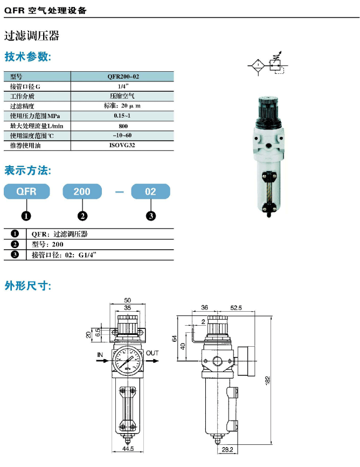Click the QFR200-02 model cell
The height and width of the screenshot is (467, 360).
coord(123,77)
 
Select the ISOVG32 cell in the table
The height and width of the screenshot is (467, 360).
coord(122,146)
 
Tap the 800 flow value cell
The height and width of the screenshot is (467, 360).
coord(123,126)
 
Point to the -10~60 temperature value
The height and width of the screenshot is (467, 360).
coord(122,135)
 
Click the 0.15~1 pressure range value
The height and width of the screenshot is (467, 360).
coord(122,116)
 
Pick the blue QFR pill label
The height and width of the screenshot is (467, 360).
coord(26,191)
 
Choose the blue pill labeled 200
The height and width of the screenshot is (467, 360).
coord(82,191)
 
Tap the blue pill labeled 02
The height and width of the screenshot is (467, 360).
coord(151,191)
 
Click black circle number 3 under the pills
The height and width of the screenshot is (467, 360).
coord(151,216)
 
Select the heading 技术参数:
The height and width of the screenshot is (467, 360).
coord(28,57)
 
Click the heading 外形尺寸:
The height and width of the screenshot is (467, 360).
coord(28,286)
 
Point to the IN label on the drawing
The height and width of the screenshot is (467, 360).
coord(100,355)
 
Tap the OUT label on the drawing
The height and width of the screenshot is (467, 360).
coord(152,353)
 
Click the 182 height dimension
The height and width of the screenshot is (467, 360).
coord(267,381)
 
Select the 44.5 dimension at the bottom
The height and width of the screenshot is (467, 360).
coord(128,449)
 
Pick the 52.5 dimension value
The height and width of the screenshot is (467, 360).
coord(236,308)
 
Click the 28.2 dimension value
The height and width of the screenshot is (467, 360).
coord(227,449)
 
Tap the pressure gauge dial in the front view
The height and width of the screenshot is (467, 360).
coord(128,361)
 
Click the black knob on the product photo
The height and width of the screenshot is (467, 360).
coord(268,108)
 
